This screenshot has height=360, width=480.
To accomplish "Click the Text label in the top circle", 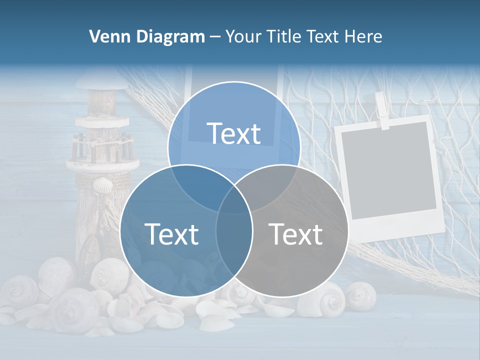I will point(233,133).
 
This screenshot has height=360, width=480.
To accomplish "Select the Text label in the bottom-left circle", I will point(171,234).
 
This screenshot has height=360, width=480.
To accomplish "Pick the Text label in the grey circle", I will point(295,234).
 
